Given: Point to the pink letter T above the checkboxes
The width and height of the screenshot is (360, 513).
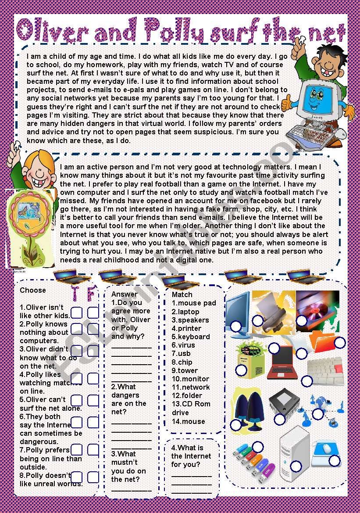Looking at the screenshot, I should coord(75,293).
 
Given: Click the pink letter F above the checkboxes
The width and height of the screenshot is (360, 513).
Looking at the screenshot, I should coord(92,293).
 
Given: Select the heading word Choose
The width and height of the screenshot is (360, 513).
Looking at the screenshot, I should coord(33,290).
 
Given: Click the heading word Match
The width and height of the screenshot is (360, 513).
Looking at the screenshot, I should coord(182,294).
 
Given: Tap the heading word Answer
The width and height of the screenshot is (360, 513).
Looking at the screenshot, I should coord(125,294).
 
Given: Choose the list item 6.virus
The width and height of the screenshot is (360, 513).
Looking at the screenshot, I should coord(183,345).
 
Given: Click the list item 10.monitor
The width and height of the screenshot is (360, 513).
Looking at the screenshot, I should coord(190,379).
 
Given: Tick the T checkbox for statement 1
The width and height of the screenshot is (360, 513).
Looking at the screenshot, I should coord(77,312).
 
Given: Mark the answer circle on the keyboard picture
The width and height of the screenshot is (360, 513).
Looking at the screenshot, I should coord(307,380).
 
